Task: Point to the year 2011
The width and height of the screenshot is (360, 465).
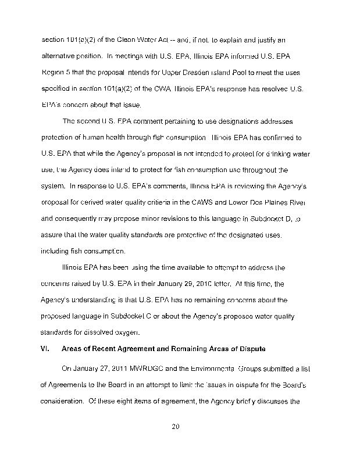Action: [x=114, y=370]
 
